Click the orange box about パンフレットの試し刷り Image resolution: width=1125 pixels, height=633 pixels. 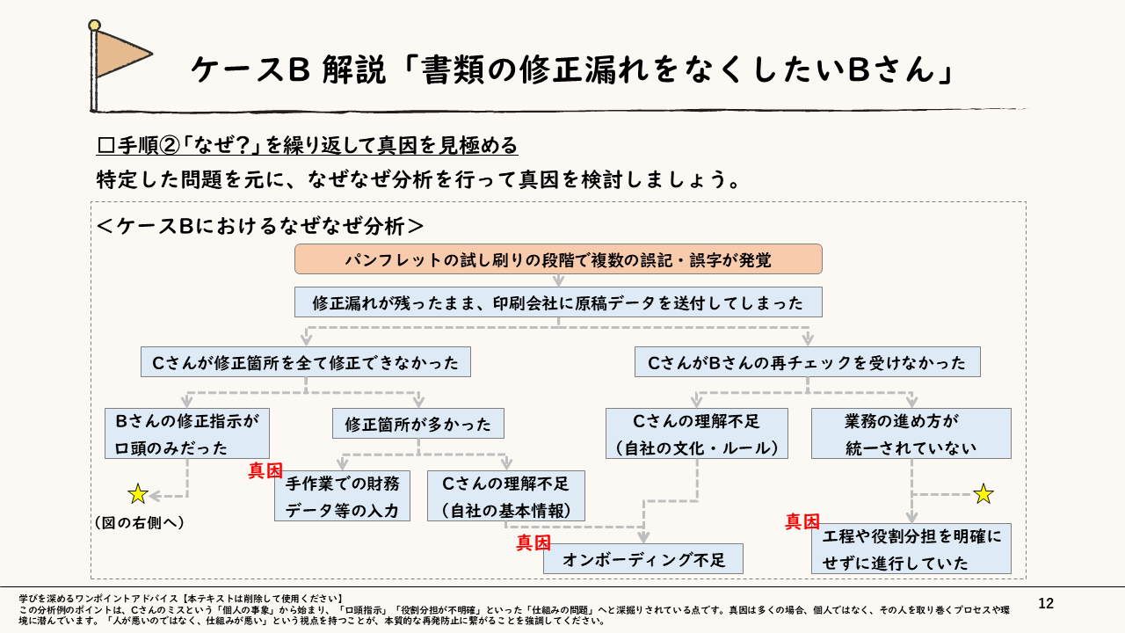558,259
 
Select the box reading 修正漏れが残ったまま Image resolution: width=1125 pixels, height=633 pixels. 558,302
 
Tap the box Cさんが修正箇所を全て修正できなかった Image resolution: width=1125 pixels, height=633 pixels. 305,361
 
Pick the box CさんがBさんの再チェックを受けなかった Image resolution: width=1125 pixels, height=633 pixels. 807,361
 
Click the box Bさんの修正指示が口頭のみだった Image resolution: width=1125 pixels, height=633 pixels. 186,433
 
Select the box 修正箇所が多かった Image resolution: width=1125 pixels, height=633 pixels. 418,424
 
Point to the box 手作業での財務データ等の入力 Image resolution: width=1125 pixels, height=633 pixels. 343,496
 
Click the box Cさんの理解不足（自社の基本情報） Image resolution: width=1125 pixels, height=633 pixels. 505,496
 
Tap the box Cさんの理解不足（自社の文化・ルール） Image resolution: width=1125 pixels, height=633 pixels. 696,433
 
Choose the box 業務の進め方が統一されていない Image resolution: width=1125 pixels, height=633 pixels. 911,433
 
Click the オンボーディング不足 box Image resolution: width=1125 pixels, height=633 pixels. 643,559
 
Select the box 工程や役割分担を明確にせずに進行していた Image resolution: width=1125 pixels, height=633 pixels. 911,549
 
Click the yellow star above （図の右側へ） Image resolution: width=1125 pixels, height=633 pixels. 138,494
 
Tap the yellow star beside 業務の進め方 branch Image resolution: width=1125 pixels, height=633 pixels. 983,494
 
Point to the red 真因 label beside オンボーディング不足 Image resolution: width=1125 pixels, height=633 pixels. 533,542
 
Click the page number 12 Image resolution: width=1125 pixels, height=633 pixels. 1046,603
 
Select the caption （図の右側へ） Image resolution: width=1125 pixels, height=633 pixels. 139,522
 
